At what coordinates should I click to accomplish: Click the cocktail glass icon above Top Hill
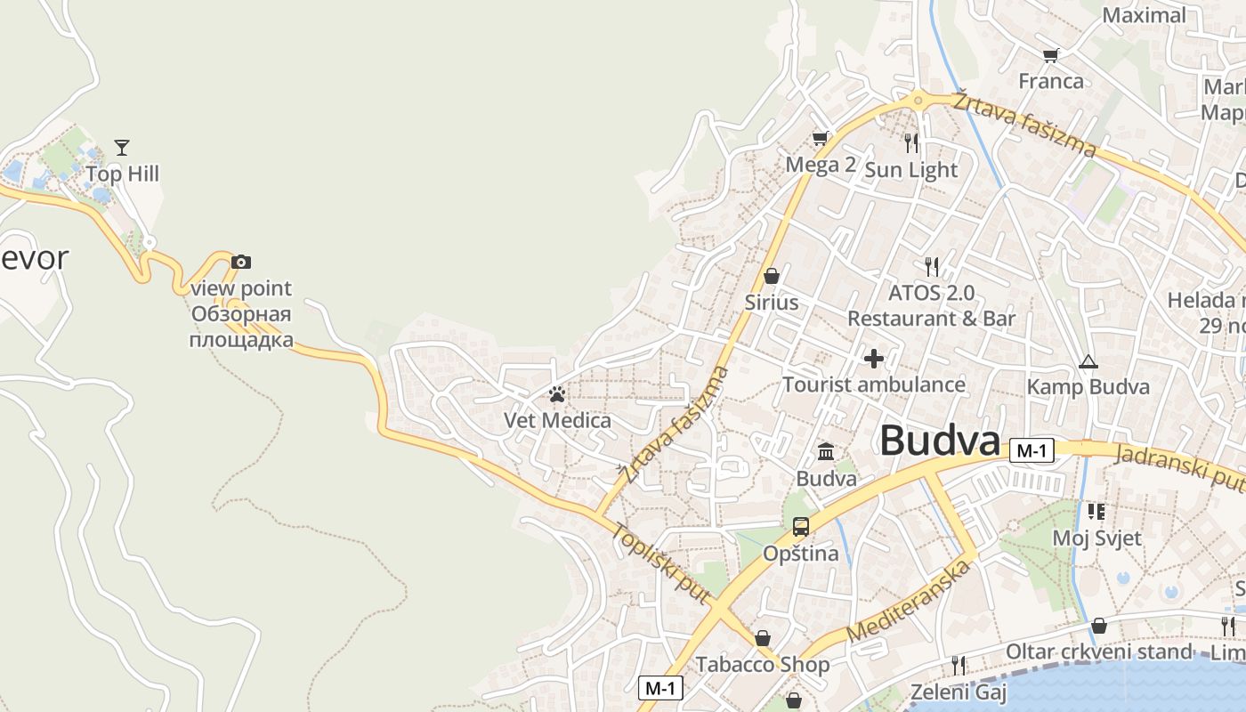click(x=122, y=147)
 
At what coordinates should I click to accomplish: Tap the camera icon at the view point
click(x=241, y=262)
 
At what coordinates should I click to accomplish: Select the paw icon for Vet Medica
click(x=557, y=394)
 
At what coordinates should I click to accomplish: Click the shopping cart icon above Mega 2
click(x=820, y=138)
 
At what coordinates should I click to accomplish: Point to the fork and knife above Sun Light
click(x=910, y=142)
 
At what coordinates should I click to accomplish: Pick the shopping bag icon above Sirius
click(x=772, y=276)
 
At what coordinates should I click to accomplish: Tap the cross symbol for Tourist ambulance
click(x=874, y=359)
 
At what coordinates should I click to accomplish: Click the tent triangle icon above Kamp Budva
click(x=1088, y=362)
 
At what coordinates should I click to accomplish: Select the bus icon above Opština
click(x=801, y=527)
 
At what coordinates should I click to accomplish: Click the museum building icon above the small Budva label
click(x=826, y=452)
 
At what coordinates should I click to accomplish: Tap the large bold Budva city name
click(x=940, y=441)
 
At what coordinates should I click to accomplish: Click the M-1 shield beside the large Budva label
click(x=1032, y=450)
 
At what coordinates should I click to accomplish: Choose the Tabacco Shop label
click(x=763, y=665)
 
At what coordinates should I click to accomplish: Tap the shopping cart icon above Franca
click(x=1051, y=55)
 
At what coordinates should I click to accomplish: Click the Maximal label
click(x=1144, y=15)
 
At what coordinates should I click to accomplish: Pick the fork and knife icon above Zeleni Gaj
click(x=959, y=665)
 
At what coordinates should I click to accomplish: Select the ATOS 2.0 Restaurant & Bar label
click(x=931, y=305)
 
